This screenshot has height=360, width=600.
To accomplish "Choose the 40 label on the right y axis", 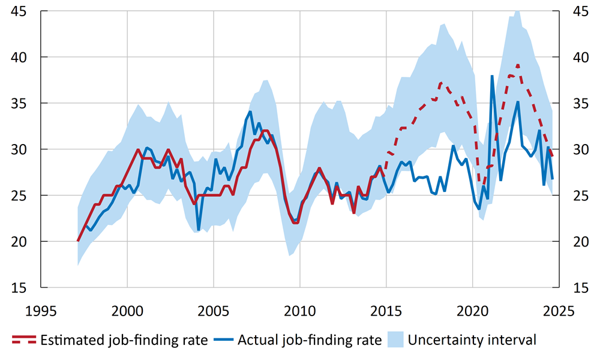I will [577, 58].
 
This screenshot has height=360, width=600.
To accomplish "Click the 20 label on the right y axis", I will [577, 241].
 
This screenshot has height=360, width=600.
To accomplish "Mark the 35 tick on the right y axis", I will [577, 103].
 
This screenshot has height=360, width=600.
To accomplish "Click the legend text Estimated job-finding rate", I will [124, 340].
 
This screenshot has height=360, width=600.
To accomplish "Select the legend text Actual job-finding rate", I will [310, 340].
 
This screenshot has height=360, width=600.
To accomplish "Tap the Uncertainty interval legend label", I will [472, 340].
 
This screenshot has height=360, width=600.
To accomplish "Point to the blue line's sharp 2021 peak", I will [492, 76].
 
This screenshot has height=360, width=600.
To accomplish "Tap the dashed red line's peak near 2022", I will [518, 65].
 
